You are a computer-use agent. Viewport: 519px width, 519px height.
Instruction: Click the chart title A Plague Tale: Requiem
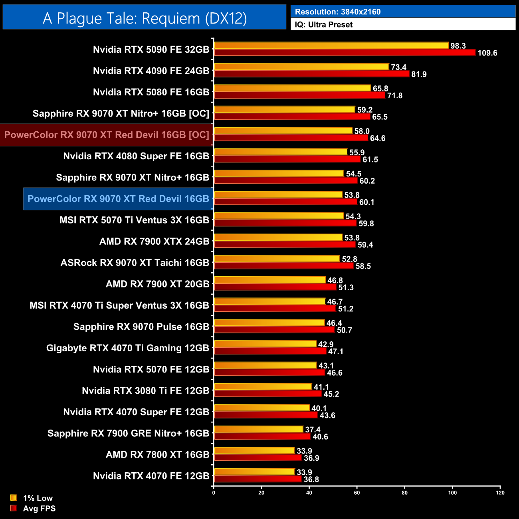[x=145, y=18]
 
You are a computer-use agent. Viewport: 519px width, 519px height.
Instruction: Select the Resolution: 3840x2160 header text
[x=337, y=12]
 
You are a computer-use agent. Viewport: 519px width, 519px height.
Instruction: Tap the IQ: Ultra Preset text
[x=323, y=24]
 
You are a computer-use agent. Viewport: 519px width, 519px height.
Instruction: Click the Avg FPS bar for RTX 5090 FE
[x=345, y=53]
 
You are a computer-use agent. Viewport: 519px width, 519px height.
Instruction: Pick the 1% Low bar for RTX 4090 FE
[x=301, y=67]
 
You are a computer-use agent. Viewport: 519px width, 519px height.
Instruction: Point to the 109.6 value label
[x=487, y=53]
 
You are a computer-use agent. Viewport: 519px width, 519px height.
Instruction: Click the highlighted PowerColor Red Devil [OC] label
[x=107, y=135]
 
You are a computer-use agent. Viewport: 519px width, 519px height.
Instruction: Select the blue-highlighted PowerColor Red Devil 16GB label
[x=118, y=199]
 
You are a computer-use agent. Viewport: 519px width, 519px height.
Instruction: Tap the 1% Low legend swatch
[x=14, y=498]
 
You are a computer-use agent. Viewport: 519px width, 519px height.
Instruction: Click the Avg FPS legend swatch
[x=14, y=508]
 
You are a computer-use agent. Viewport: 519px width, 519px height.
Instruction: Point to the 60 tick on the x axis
[x=357, y=493]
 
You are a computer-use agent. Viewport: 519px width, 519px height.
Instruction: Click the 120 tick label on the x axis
[x=500, y=493]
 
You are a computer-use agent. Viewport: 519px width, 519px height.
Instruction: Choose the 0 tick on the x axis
[x=214, y=493]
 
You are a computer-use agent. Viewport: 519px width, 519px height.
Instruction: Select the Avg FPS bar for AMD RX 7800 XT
[x=258, y=458]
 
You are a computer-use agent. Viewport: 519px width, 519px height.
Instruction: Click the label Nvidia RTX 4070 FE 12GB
[x=151, y=476]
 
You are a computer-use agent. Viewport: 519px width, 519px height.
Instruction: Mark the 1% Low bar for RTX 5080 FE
[x=293, y=88]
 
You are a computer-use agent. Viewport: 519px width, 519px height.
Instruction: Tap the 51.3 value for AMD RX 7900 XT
[x=346, y=287]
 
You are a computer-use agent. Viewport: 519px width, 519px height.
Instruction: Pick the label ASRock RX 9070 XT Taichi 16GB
[x=135, y=263]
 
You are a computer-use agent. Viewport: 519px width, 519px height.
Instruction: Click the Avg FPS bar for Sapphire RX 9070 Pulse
[x=274, y=330]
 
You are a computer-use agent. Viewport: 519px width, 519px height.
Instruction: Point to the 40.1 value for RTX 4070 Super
[x=319, y=408]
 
